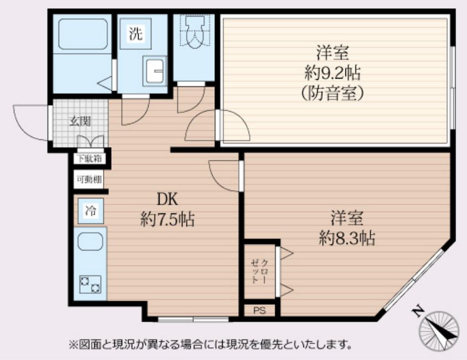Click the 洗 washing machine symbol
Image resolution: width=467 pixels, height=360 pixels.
[136, 34]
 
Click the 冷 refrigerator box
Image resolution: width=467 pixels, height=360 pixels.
[90, 210]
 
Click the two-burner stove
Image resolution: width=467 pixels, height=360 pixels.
[90, 284]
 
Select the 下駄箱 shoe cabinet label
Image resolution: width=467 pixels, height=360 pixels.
[88, 159]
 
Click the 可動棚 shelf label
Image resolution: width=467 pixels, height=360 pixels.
[88, 179]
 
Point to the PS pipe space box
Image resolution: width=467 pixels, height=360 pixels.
[260, 310]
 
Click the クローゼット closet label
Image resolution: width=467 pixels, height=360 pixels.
[259, 270]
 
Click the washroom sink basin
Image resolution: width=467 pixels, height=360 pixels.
[154, 70]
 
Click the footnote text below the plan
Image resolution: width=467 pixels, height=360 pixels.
[211, 345]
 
